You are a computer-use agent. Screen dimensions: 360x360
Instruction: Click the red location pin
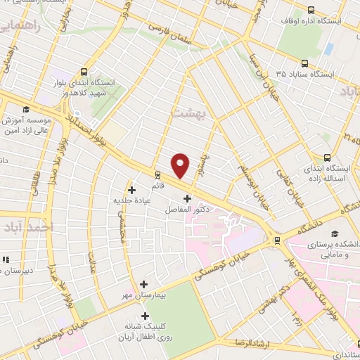(x=181, y=165)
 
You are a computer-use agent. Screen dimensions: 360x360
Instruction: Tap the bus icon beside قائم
(x=157, y=176)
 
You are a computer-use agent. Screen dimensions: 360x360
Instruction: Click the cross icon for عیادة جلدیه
(x=132, y=189)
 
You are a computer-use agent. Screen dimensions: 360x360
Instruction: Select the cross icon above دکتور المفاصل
(x=186, y=198)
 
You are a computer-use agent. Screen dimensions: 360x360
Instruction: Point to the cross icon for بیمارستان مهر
(x=143, y=285)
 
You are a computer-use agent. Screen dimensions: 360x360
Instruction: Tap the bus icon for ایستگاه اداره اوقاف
(x=311, y=10)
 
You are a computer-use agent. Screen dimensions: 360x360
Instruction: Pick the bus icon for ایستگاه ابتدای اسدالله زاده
(x=326, y=158)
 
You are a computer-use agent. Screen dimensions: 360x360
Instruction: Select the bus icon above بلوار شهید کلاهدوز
(x=84, y=71)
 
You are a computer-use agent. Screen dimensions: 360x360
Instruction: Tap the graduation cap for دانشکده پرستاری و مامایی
(x=335, y=233)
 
